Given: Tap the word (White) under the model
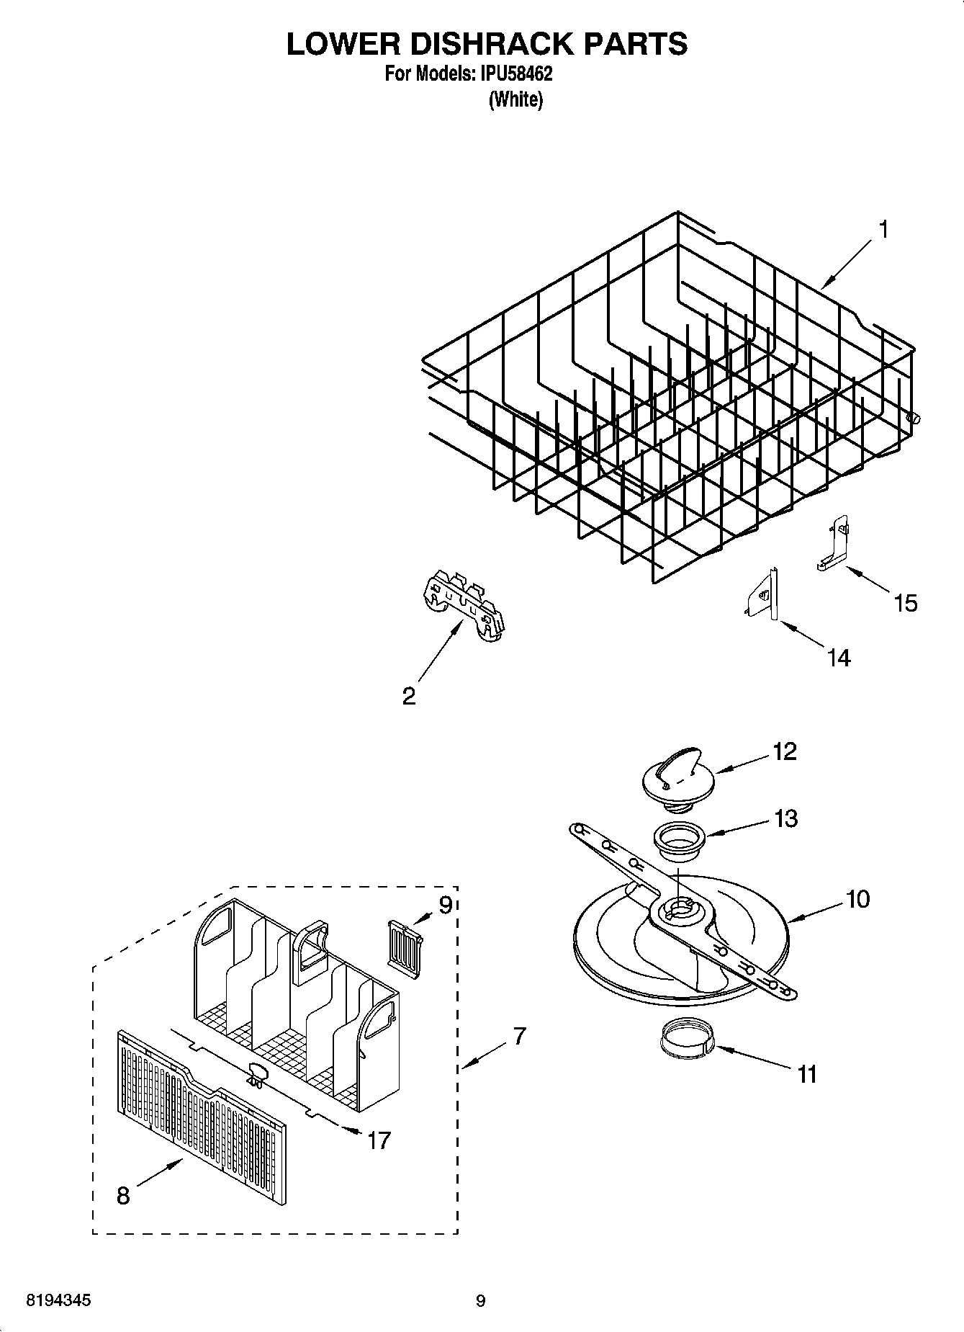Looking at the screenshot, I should [515, 99].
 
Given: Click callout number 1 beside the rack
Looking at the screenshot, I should [883, 231].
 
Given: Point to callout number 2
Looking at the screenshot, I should [408, 696].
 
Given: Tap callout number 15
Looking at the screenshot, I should [905, 602].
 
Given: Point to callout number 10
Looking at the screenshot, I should [857, 899].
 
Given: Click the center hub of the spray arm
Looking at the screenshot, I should [679, 909].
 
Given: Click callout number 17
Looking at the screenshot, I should [379, 1140].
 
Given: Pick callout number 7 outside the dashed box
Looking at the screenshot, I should [519, 1037].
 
